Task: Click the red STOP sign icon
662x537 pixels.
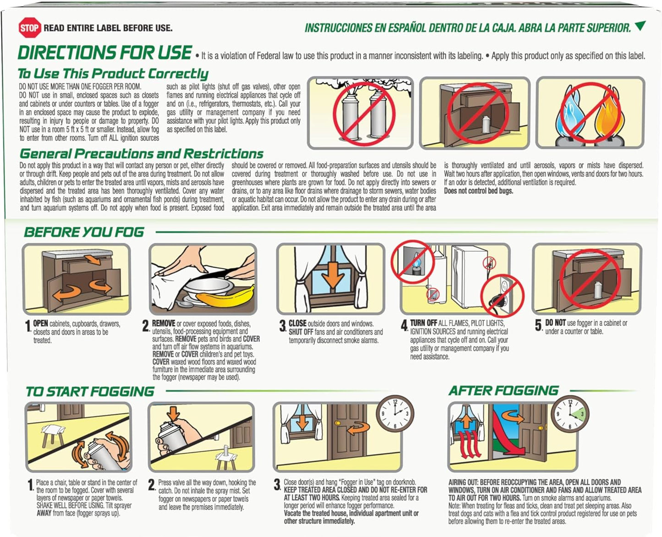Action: [29, 27]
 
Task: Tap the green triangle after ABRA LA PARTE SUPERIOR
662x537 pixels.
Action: [640, 26]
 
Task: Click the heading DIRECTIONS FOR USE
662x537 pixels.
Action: [105, 52]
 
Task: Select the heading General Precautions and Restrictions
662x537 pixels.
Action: [142, 153]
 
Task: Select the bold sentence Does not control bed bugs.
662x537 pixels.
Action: [478, 191]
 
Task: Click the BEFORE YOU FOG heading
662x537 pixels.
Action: [84, 232]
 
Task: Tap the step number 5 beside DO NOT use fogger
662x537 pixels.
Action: [538, 325]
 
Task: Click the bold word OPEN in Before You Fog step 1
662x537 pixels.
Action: [41, 323]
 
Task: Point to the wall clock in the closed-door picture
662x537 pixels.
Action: [395, 414]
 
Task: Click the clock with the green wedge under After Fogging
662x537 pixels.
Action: [570, 414]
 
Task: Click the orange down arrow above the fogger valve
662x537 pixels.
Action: [173, 414]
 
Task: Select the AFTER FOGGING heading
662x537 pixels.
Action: [503, 391]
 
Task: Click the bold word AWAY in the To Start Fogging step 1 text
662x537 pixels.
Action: [44, 513]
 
